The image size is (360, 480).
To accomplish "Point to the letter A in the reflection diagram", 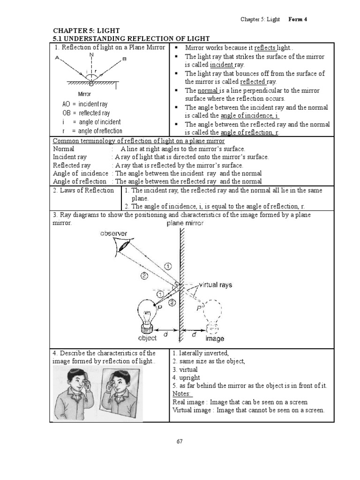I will point(57,59).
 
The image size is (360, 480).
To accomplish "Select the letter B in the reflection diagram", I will point(124,59).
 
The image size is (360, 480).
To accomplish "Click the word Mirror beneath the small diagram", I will point(84,94).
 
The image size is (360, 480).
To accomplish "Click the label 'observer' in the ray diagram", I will point(113,233).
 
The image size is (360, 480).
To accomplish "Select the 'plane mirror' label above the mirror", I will point(185,224).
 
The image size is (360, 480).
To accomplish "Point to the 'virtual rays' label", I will point(215,285).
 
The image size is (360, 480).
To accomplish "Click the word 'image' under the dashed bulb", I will point(214,338).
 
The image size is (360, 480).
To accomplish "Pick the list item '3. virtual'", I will point(185,369).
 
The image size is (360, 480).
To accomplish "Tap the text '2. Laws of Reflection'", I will point(83,190).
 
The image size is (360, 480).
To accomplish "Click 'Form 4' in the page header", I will point(298,19).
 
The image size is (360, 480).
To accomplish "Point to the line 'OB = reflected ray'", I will point(86,113).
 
